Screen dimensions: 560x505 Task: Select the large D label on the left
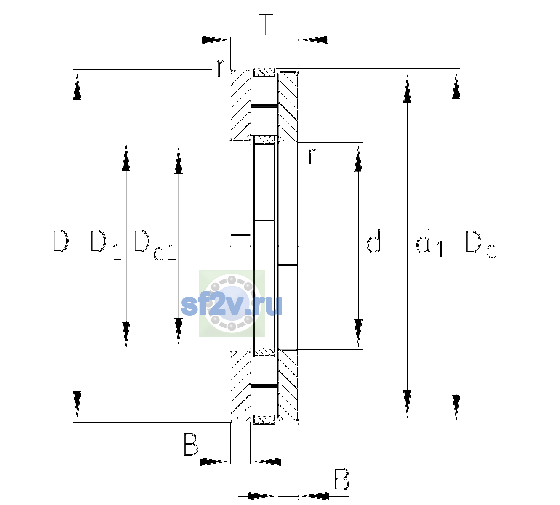click(60, 242)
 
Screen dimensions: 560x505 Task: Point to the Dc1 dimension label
click(155, 245)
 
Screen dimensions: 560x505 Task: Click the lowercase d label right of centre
click(373, 242)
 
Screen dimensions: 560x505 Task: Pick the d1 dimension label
click(430, 244)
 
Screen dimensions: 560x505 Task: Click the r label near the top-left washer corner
click(220, 68)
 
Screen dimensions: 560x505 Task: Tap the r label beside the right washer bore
click(311, 156)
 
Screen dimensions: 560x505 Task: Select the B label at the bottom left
click(191, 444)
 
